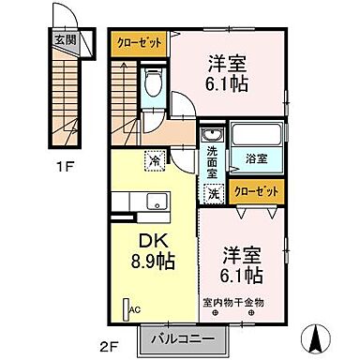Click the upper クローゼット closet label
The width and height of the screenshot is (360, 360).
point(138,40)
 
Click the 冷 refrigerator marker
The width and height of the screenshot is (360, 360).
point(155,160)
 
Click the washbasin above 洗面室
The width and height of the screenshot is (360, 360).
point(212,134)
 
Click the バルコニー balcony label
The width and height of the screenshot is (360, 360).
point(181,339)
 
